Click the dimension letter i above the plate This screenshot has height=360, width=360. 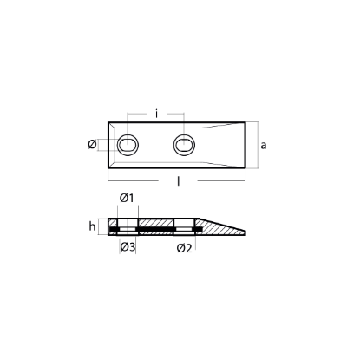point(156,113)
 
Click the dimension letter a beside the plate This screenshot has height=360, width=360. point(263,146)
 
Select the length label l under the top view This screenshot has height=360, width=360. point(179,184)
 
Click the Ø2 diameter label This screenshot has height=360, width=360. point(184,249)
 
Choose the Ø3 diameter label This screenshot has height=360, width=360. point(127,249)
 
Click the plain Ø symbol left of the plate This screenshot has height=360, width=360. point(93,145)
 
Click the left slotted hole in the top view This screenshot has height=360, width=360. point(128,145)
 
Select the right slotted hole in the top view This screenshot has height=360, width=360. point(184,145)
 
